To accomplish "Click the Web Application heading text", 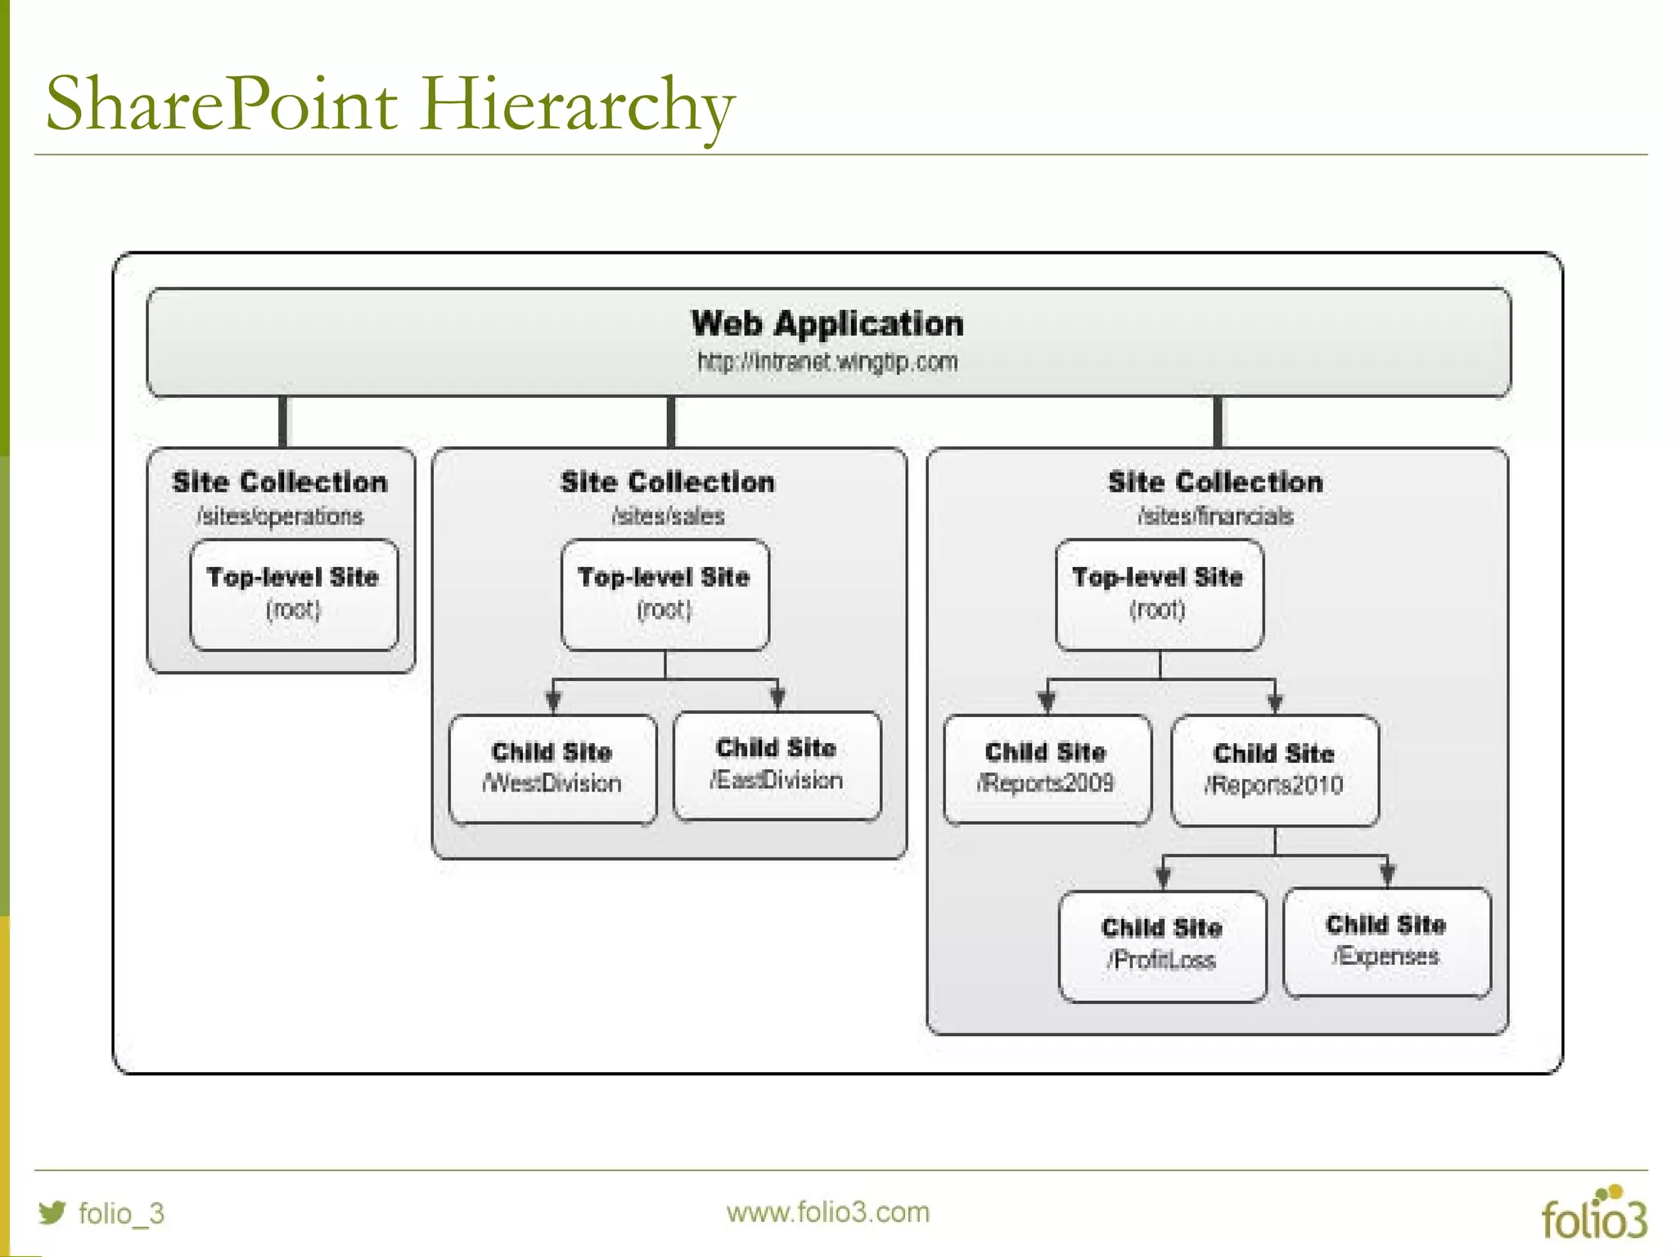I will pos(827,324).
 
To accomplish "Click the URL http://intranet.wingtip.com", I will pos(827,362).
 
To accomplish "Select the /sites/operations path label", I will pos(280,516).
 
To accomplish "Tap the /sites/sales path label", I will pos(668,516).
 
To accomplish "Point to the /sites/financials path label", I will pos(1215,516).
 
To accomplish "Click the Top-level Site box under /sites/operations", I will pos(294,595).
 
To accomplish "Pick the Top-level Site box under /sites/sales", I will pos(665,595).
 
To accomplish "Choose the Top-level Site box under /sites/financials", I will pos(1159,595).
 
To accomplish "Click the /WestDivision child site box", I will pos(552,768).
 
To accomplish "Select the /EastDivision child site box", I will pos(777,765).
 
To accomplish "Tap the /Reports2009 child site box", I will pos(1047,768).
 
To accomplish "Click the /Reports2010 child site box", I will pos(1274,770).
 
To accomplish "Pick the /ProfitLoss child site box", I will pos(1162,945).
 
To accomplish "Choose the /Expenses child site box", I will pos(1386,942).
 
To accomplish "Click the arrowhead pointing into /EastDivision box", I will pos(777,698).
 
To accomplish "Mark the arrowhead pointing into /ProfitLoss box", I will pos(1163,877).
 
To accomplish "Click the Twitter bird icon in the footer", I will pos(52,1212).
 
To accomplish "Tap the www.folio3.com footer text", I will pos(827,1212).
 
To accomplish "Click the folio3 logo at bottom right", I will pos(1593,1214).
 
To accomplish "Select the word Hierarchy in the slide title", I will pos(578,105).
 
